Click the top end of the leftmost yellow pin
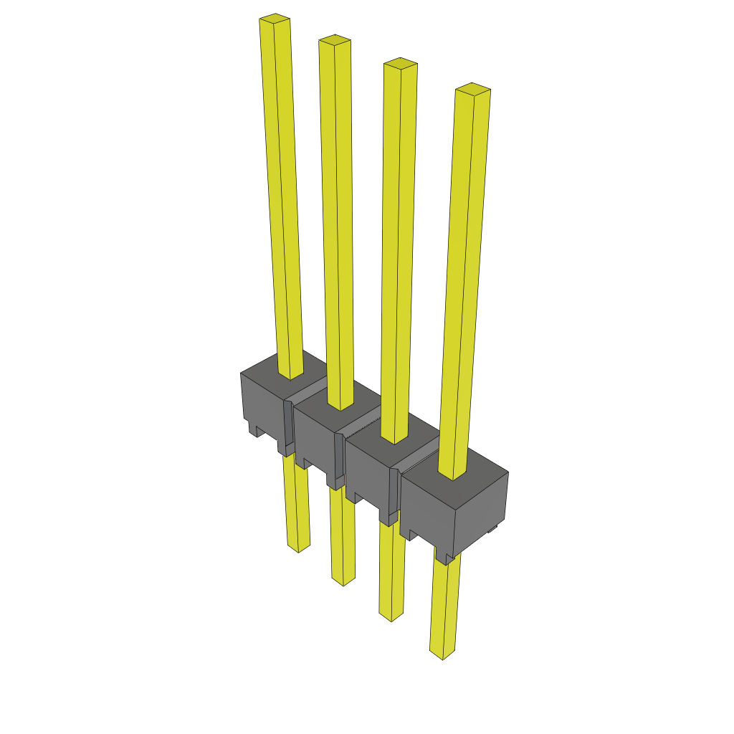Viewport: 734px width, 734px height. point(275,19)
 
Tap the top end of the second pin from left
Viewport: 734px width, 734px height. point(335,39)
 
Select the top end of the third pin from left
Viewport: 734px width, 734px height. point(400,64)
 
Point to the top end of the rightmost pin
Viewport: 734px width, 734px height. point(473,89)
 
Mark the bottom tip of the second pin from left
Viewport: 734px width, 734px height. point(343,581)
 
